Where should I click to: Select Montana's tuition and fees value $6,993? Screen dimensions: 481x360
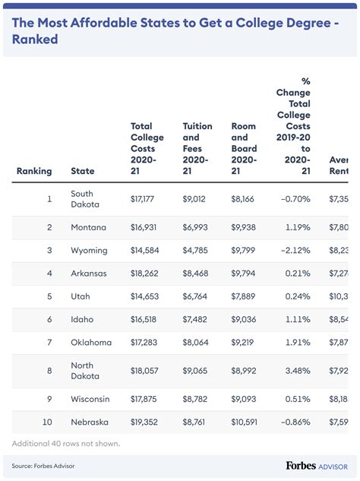pyautogui.click(x=197, y=227)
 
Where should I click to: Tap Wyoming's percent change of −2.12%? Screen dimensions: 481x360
pyautogui.click(x=293, y=250)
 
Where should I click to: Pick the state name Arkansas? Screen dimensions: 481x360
pyautogui.click(x=89, y=273)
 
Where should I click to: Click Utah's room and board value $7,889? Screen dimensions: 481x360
pyautogui.click(x=246, y=296)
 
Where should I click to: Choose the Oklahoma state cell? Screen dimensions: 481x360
pyautogui.click(x=91, y=342)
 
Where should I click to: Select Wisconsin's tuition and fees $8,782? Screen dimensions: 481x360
pyautogui.click(x=197, y=399)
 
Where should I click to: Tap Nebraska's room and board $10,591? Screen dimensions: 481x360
pyautogui.click(x=248, y=422)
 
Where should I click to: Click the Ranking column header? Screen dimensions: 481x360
pyautogui.click(x=34, y=171)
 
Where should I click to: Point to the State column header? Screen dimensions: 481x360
pyautogui.click(x=83, y=171)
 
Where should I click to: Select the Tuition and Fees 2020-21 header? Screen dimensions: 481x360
pyautogui.click(x=197, y=149)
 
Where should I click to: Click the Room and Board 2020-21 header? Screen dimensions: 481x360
pyautogui.click(x=244, y=149)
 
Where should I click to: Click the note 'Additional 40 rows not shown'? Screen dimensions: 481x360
pyautogui.click(x=66, y=443)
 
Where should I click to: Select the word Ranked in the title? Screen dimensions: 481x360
pyautogui.click(x=35, y=39)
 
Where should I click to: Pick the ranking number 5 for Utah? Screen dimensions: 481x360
pyautogui.click(x=49, y=296)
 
